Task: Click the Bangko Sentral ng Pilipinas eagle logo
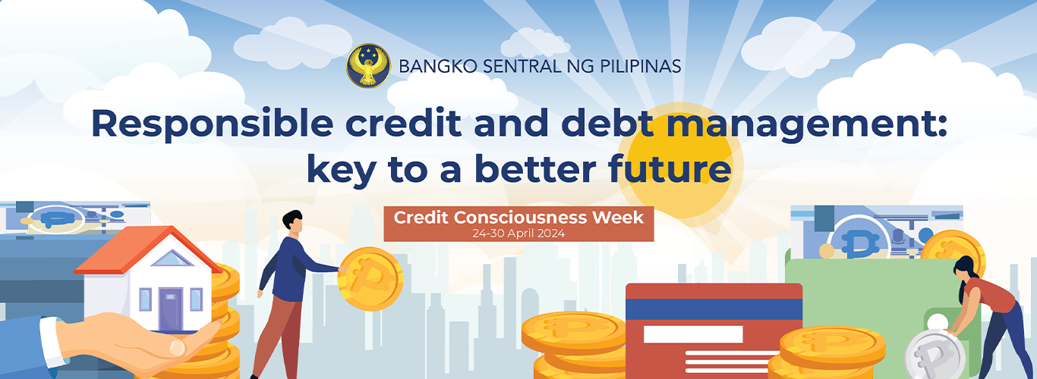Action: click(x=368, y=66)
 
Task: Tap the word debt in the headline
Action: click(x=607, y=123)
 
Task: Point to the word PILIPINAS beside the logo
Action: click(x=640, y=67)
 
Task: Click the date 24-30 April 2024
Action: click(x=518, y=233)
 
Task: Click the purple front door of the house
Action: click(x=170, y=309)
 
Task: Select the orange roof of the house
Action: click(x=147, y=249)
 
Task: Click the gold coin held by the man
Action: click(x=370, y=279)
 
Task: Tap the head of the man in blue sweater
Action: click(x=293, y=220)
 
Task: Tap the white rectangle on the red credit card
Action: click(x=693, y=334)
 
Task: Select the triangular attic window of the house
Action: click(x=172, y=258)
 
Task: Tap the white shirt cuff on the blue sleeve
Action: click(x=53, y=341)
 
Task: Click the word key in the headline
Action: click(x=341, y=170)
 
